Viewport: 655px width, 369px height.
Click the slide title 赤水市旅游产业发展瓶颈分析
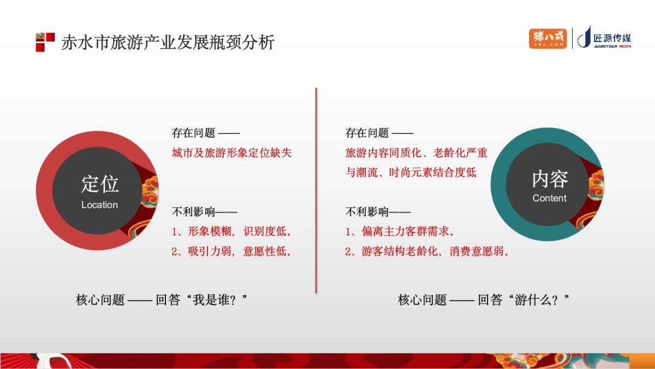tap(168, 43)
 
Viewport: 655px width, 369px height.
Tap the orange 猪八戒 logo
tap(547, 39)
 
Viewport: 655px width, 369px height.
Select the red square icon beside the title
tap(45, 42)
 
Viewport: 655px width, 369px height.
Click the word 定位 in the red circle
tap(100, 184)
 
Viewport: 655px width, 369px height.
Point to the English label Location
tap(99, 205)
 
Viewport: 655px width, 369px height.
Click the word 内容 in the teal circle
tap(550, 179)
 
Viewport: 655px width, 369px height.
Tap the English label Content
tap(550, 199)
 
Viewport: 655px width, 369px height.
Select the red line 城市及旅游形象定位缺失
tap(232, 153)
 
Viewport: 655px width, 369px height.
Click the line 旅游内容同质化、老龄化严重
tap(416, 153)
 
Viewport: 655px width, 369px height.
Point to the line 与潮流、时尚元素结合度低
tap(411, 172)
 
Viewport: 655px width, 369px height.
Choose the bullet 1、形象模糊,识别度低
tap(231, 231)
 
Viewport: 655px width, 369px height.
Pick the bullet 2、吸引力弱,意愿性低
tap(231, 252)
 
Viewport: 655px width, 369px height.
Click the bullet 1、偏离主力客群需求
tap(400, 231)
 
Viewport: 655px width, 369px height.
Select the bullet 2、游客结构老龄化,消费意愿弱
tap(427, 252)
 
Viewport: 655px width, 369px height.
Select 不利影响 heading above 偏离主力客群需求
tap(367, 212)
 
